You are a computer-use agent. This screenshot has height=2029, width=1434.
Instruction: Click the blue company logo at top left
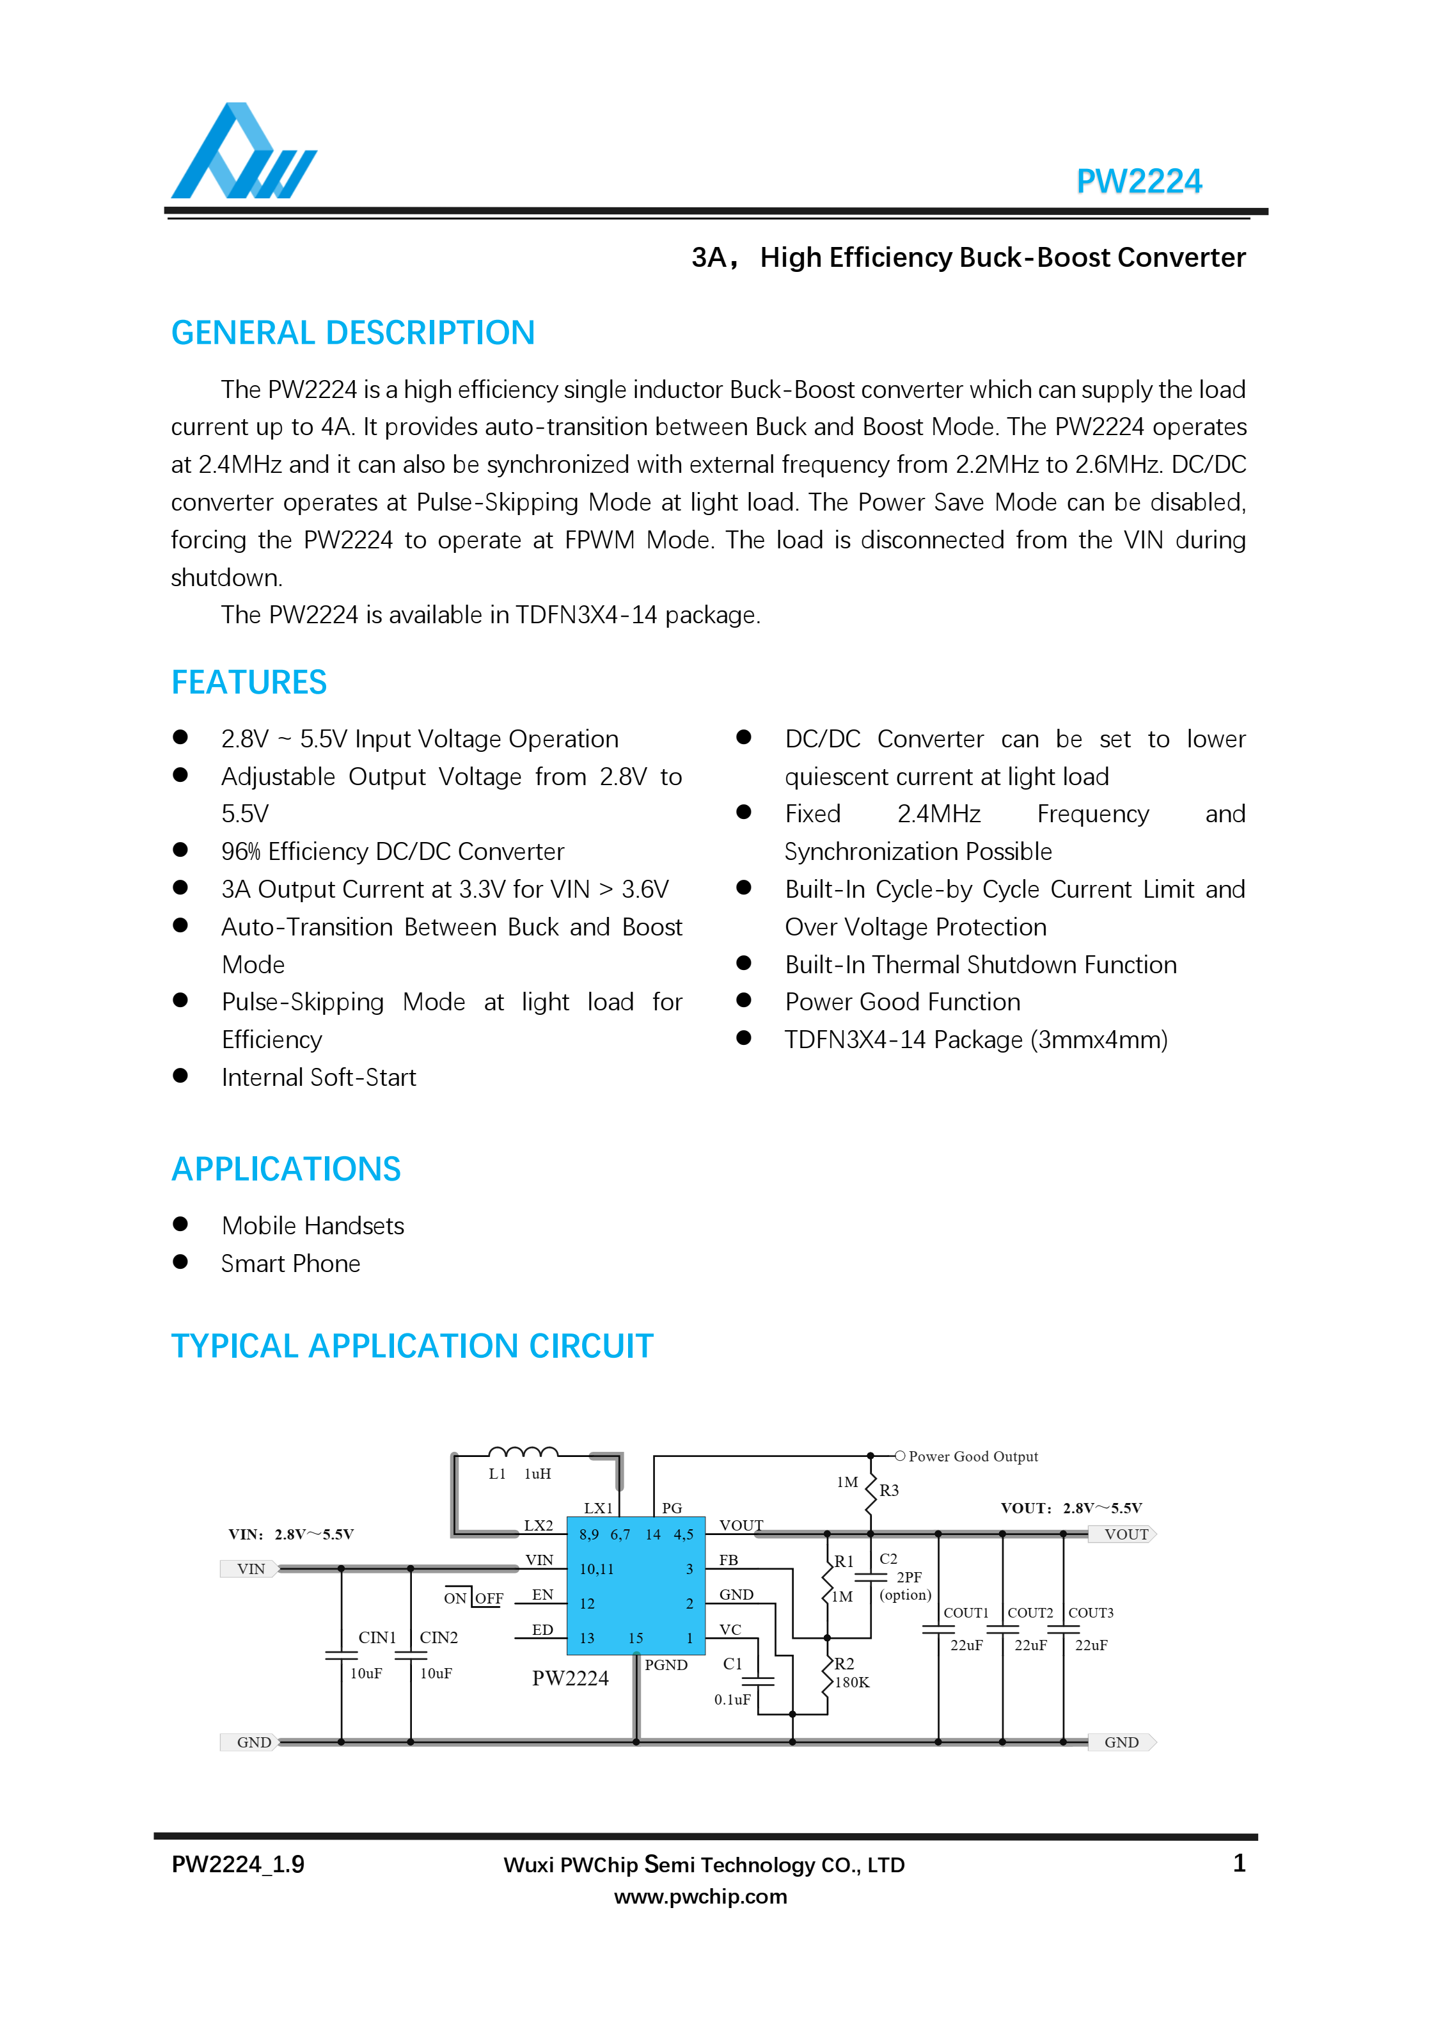(243, 152)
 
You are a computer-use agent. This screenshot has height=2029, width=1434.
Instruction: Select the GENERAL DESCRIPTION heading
(352, 333)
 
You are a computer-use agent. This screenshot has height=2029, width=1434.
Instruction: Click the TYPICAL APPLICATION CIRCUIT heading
(412, 1346)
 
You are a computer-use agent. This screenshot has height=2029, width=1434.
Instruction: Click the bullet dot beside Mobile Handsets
(180, 1224)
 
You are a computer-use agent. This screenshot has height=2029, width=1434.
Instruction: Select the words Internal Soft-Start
(318, 1078)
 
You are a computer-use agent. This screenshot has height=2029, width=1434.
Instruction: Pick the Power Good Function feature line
(902, 1001)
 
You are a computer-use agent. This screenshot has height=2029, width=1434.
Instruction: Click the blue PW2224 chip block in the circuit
(635, 1586)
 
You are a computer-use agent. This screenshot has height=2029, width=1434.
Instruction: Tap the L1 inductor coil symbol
(523, 1452)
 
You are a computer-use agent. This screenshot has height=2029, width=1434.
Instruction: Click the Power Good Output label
(973, 1456)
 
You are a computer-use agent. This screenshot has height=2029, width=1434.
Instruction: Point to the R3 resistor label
(889, 1490)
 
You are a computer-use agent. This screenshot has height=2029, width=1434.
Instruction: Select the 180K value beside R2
(852, 1683)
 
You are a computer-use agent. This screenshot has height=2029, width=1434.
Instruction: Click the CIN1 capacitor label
(377, 1637)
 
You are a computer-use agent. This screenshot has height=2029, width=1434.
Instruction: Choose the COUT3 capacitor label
(1091, 1613)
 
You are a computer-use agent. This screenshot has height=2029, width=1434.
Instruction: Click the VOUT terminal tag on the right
(1125, 1534)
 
